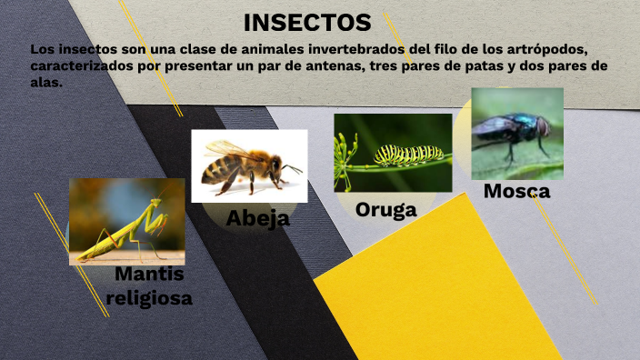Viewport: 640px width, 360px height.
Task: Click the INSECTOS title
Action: click(x=307, y=22)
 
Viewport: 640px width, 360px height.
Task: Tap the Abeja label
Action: click(x=258, y=218)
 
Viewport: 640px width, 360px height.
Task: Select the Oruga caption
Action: click(x=385, y=210)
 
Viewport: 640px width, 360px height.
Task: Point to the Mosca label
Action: click(x=516, y=191)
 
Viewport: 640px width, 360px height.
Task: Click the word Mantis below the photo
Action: click(x=150, y=275)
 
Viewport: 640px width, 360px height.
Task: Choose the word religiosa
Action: click(x=149, y=297)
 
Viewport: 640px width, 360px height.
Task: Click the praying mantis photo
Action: click(x=126, y=221)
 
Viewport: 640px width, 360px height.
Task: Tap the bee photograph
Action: click(x=248, y=165)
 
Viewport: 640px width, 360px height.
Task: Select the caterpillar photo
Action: click(x=392, y=152)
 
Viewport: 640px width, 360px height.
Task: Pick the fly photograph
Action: click(x=516, y=133)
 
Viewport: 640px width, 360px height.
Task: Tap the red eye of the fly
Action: click(x=543, y=126)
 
